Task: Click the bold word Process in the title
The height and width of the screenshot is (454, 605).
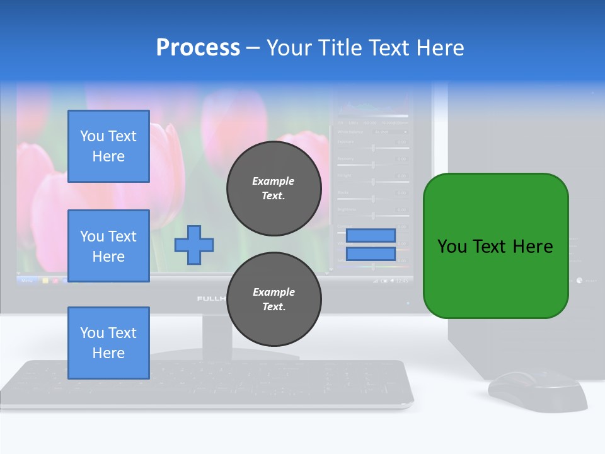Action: (x=198, y=48)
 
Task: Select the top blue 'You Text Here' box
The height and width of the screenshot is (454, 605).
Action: (x=108, y=146)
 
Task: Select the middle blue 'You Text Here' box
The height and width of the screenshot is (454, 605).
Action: (x=108, y=246)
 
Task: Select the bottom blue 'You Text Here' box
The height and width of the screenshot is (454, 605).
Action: (x=108, y=343)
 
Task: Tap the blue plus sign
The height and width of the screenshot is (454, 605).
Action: (x=194, y=244)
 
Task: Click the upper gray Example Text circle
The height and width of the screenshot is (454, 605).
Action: (x=274, y=189)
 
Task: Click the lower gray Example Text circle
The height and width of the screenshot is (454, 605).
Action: (x=274, y=300)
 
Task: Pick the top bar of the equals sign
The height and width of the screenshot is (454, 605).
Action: (x=371, y=235)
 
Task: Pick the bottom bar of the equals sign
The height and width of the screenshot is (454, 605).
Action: (x=371, y=254)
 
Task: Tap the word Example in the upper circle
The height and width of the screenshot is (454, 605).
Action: (x=274, y=181)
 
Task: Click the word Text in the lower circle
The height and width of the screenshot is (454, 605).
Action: (x=274, y=307)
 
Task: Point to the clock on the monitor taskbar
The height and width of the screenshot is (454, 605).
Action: (x=401, y=280)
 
